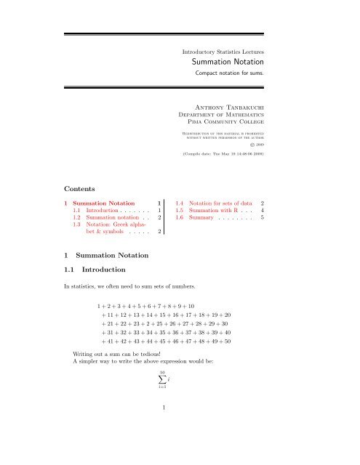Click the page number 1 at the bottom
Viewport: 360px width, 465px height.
(x=165, y=428)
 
